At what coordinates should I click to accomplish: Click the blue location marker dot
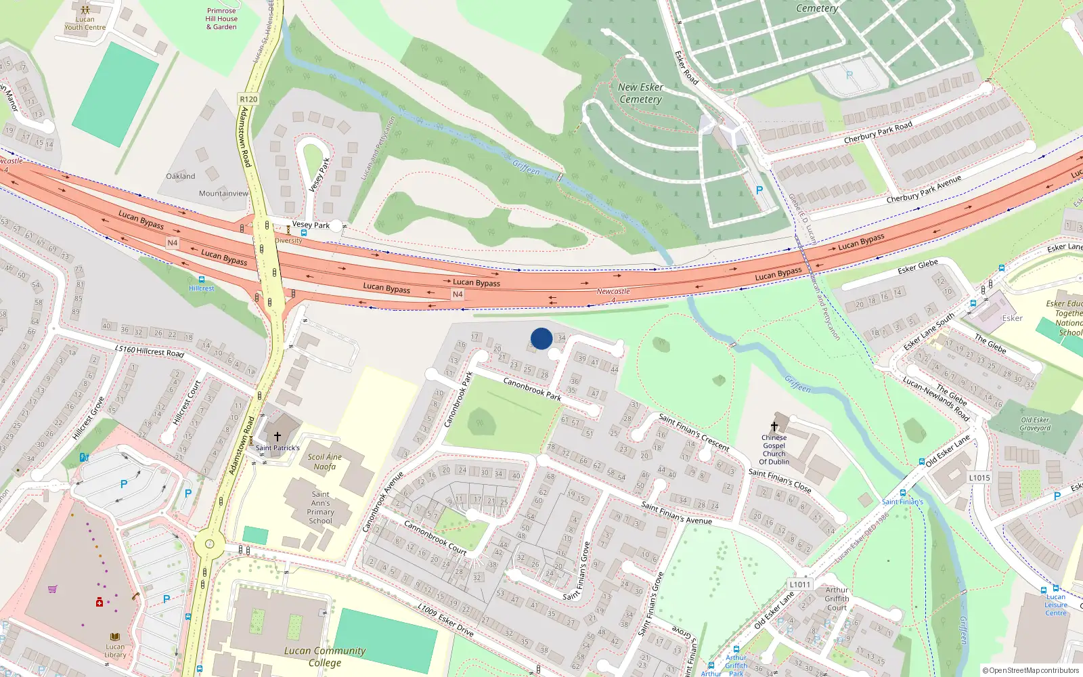coord(541,338)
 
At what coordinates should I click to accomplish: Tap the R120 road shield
coord(248,99)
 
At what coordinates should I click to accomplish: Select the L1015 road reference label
coord(979,477)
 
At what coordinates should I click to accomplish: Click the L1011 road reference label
coord(799,584)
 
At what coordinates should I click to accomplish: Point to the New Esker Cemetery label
coord(640,93)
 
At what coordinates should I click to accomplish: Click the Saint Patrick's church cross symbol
coord(277,437)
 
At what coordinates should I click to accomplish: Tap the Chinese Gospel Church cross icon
coord(774,427)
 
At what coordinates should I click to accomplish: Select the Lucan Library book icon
coord(114,637)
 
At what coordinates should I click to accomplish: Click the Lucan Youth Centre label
coord(85,23)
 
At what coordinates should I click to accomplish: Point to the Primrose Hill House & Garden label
coord(221,19)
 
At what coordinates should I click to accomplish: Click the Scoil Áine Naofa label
coord(324,462)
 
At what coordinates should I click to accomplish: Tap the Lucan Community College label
coord(325,656)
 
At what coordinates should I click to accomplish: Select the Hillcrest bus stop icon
coord(201,280)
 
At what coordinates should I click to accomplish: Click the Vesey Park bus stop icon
coord(303,232)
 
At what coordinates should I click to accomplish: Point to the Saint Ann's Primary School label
coord(321,508)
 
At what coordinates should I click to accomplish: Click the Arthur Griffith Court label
coord(837,598)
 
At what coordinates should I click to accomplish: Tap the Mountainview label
coord(223,194)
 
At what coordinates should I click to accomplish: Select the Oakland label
coord(181,176)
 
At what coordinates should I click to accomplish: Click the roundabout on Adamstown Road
coord(209,543)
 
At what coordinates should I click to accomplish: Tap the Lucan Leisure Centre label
coord(1055,605)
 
